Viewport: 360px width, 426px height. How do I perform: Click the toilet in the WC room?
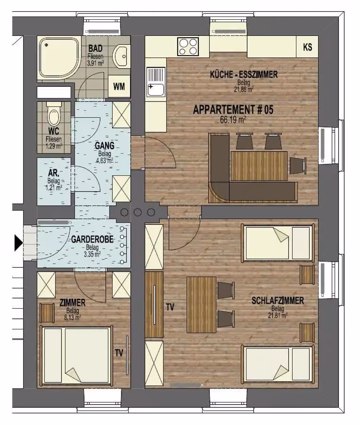click(54, 114)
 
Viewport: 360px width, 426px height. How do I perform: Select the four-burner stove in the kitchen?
click(188, 47)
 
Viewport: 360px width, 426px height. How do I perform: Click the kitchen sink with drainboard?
click(156, 82)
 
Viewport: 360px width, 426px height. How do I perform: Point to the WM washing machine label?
click(119, 87)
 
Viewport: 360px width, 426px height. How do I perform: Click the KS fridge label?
click(307, 47)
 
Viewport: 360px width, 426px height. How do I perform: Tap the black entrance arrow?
click(18, 243)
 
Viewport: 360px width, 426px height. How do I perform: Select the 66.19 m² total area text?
click(233, 120)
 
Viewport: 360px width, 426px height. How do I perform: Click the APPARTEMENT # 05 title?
click(233, 110)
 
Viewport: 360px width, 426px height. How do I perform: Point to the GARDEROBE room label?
click(92, 239)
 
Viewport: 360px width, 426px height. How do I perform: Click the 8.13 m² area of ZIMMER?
click(73, 317)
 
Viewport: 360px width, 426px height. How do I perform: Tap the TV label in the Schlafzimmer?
click(170, 307)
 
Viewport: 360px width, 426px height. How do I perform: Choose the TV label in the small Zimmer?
click(119, 353)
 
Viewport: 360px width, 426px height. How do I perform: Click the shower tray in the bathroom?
click(59, 58)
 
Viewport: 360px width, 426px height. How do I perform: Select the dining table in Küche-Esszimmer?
click(259, 166)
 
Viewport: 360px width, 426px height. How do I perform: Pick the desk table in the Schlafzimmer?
click(201, 304)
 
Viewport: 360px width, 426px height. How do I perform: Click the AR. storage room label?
click(54, 173)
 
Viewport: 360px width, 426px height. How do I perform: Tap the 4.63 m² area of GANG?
click(105, 160)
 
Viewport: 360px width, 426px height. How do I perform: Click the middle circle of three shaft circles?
click(138, 212)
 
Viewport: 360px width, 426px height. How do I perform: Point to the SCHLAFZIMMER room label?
click(278, 301)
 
